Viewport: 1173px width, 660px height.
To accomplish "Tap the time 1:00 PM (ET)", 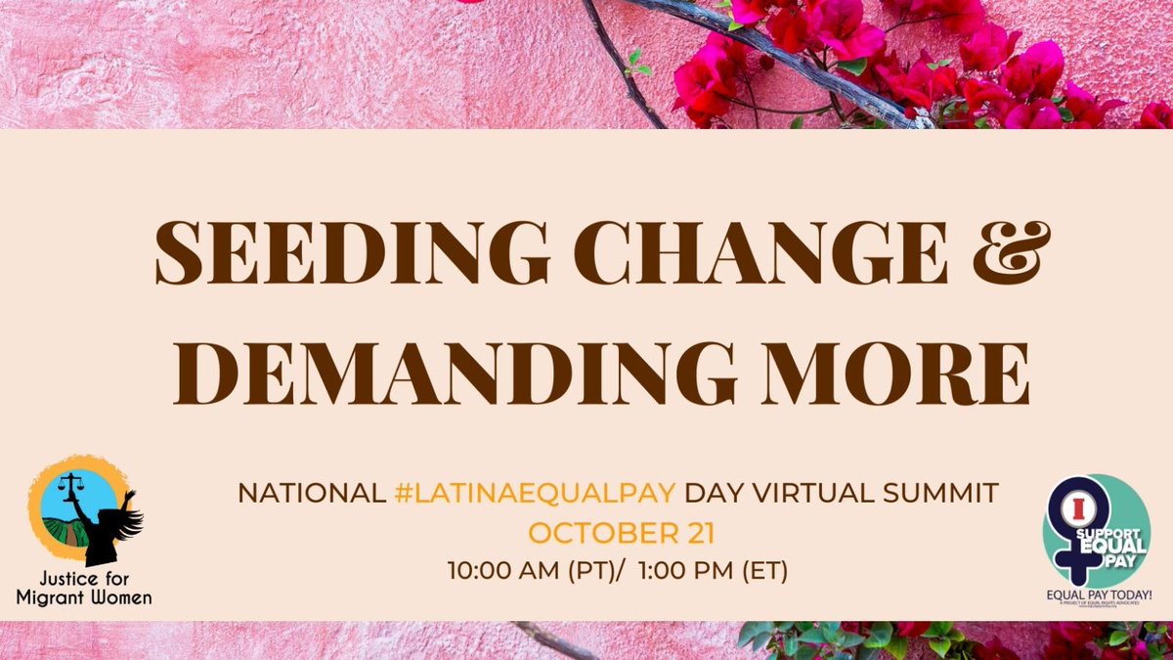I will click(x=713, y=569).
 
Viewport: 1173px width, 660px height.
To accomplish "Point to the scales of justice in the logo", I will click(x=71, y=485).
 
